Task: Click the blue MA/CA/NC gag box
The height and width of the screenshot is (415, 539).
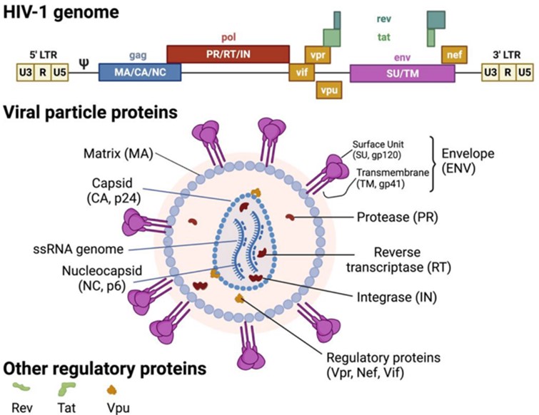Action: click(x=140, y=72)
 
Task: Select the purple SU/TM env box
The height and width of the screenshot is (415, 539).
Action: click(x=402, y=72)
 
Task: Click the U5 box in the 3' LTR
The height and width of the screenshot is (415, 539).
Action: click(x=524, y=72)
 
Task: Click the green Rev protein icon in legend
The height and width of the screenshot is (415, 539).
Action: click(x=23, y=389)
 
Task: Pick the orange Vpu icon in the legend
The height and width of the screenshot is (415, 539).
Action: click(x=111, y=389)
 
